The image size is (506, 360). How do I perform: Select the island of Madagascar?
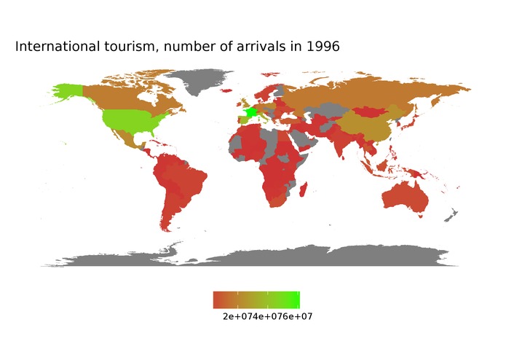(x=301, y=188)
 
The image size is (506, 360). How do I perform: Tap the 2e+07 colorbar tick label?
(x=237, y=317)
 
